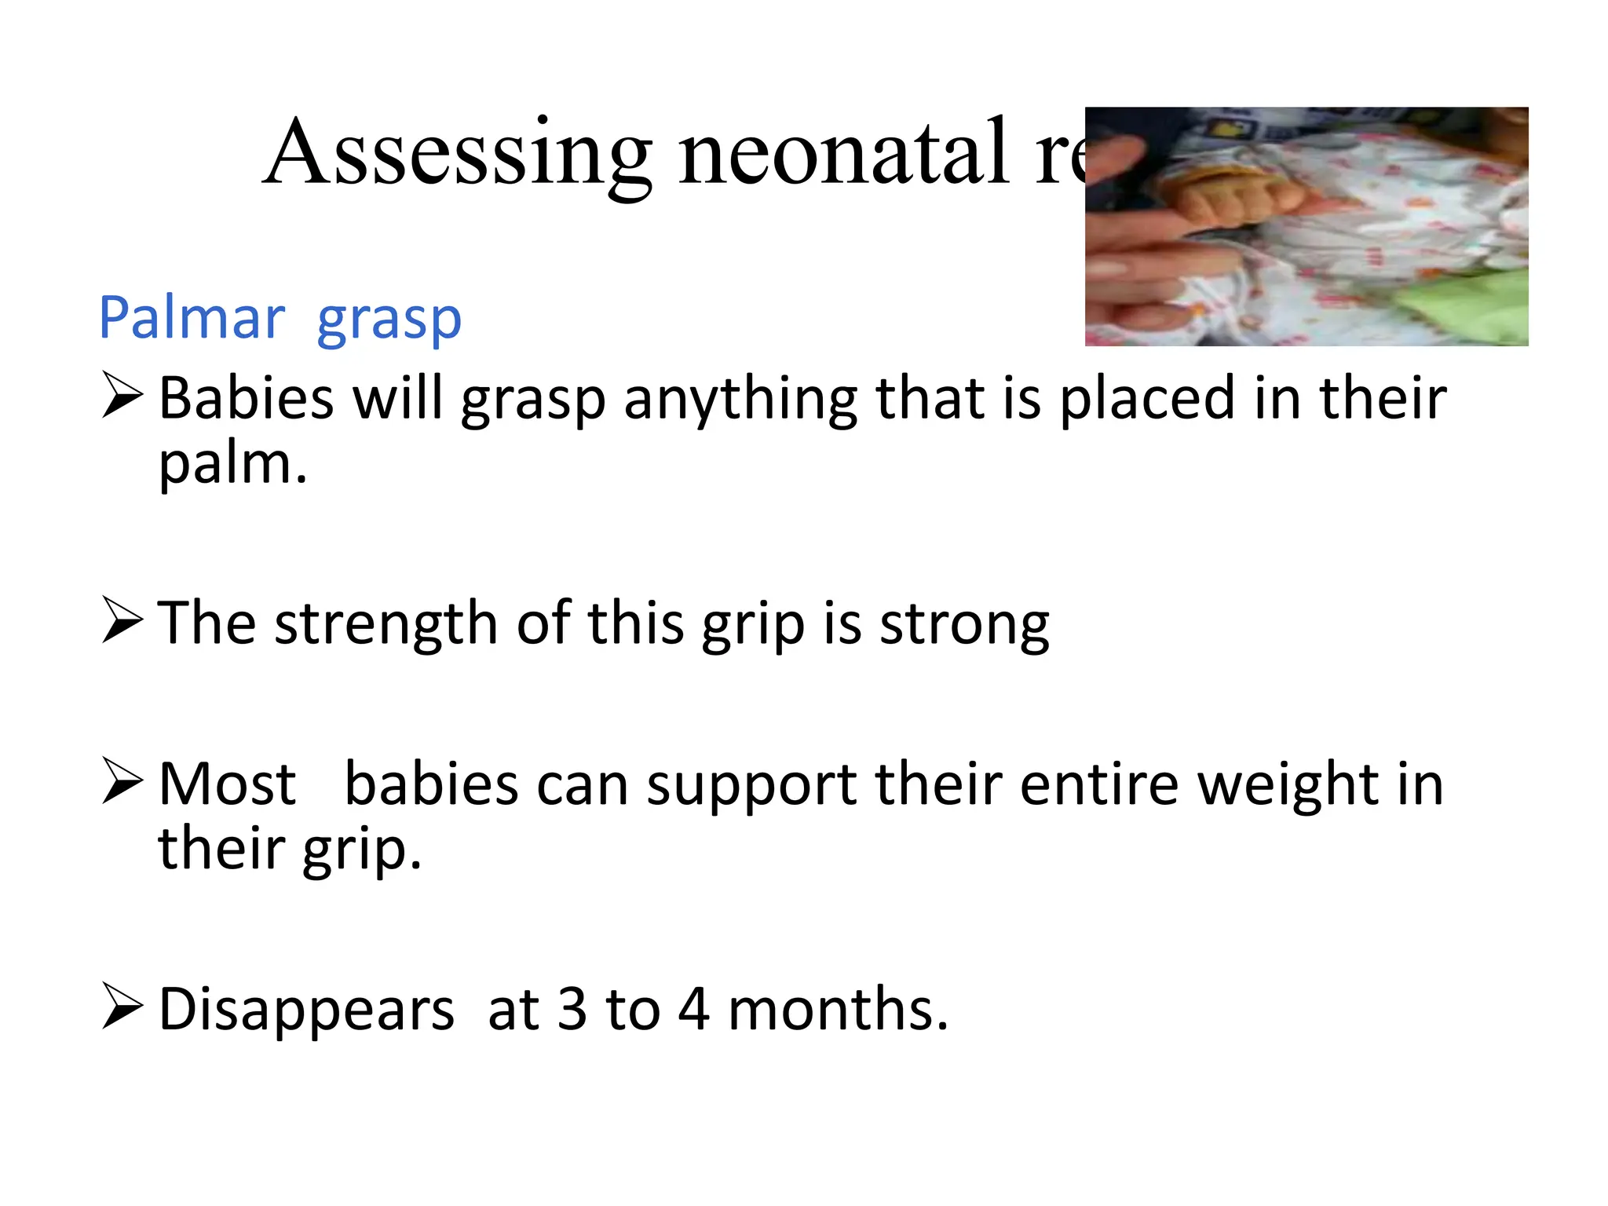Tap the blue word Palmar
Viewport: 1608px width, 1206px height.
192,318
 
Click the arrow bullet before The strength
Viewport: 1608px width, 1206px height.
122,620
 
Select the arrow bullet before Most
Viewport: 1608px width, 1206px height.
122,781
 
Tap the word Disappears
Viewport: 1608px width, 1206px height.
306,1010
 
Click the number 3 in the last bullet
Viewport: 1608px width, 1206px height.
572,1009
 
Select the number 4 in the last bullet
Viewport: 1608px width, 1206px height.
694,1009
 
